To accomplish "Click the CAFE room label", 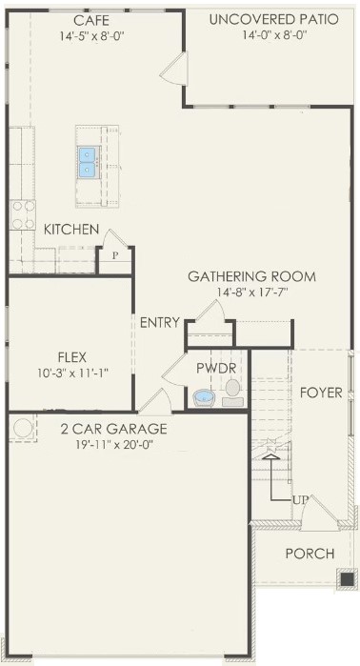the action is click(x=91, y=20).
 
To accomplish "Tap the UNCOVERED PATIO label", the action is click(x=274, y=20).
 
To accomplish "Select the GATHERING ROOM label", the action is click(x=251, y=276).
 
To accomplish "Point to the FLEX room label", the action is click(x=72, y=356).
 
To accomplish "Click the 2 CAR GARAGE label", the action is click(x=113, y=429).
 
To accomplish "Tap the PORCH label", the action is click(x=310, y=554).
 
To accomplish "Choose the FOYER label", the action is click(x=321, y=393).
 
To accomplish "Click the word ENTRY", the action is click(x=160, y=323).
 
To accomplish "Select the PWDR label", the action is click(x=216, y=369).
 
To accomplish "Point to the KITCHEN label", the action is click(x=71, y=230).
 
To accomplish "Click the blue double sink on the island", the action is click(x=89, y=162).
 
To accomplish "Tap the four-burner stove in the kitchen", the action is click(x=23, y=215).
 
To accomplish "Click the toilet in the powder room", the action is click(x=232, y=393).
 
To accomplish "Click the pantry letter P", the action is click(x=114, y=255).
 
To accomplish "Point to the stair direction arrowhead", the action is click(x=271, y=457).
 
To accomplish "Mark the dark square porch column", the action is click(x=348, y=579).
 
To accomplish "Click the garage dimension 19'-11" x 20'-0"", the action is click(x=113, y=445).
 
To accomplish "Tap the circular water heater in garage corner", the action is click(x=23, y=428).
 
